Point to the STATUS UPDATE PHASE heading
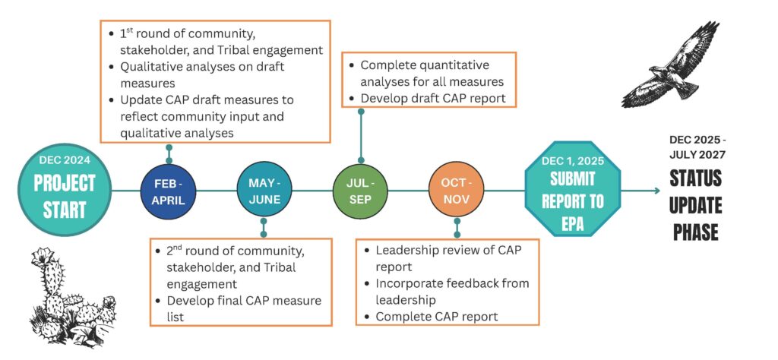pyautogui.click(x=696, y=204)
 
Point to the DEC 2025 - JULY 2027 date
pyautogui.click(x=697, y=147)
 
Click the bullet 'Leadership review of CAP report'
pyautogui.click(x=448, y=258)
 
